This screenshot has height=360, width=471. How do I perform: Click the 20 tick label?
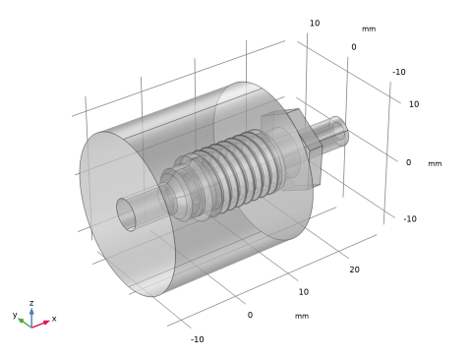(354, 270)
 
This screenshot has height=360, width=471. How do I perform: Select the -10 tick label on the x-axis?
(198, 339)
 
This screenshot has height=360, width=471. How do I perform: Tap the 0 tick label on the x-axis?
(250, 315)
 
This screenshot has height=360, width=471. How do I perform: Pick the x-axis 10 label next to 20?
(304, 292)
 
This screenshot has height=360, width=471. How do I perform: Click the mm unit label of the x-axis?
(302, 316)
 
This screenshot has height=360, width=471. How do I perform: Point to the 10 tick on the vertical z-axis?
(414, 104)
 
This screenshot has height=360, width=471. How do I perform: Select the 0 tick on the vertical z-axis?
(408, 162)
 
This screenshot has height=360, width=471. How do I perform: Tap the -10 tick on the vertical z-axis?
(410, 219)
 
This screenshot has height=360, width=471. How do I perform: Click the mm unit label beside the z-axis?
(435, 163)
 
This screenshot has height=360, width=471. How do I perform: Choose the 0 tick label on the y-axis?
(354, 47)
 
